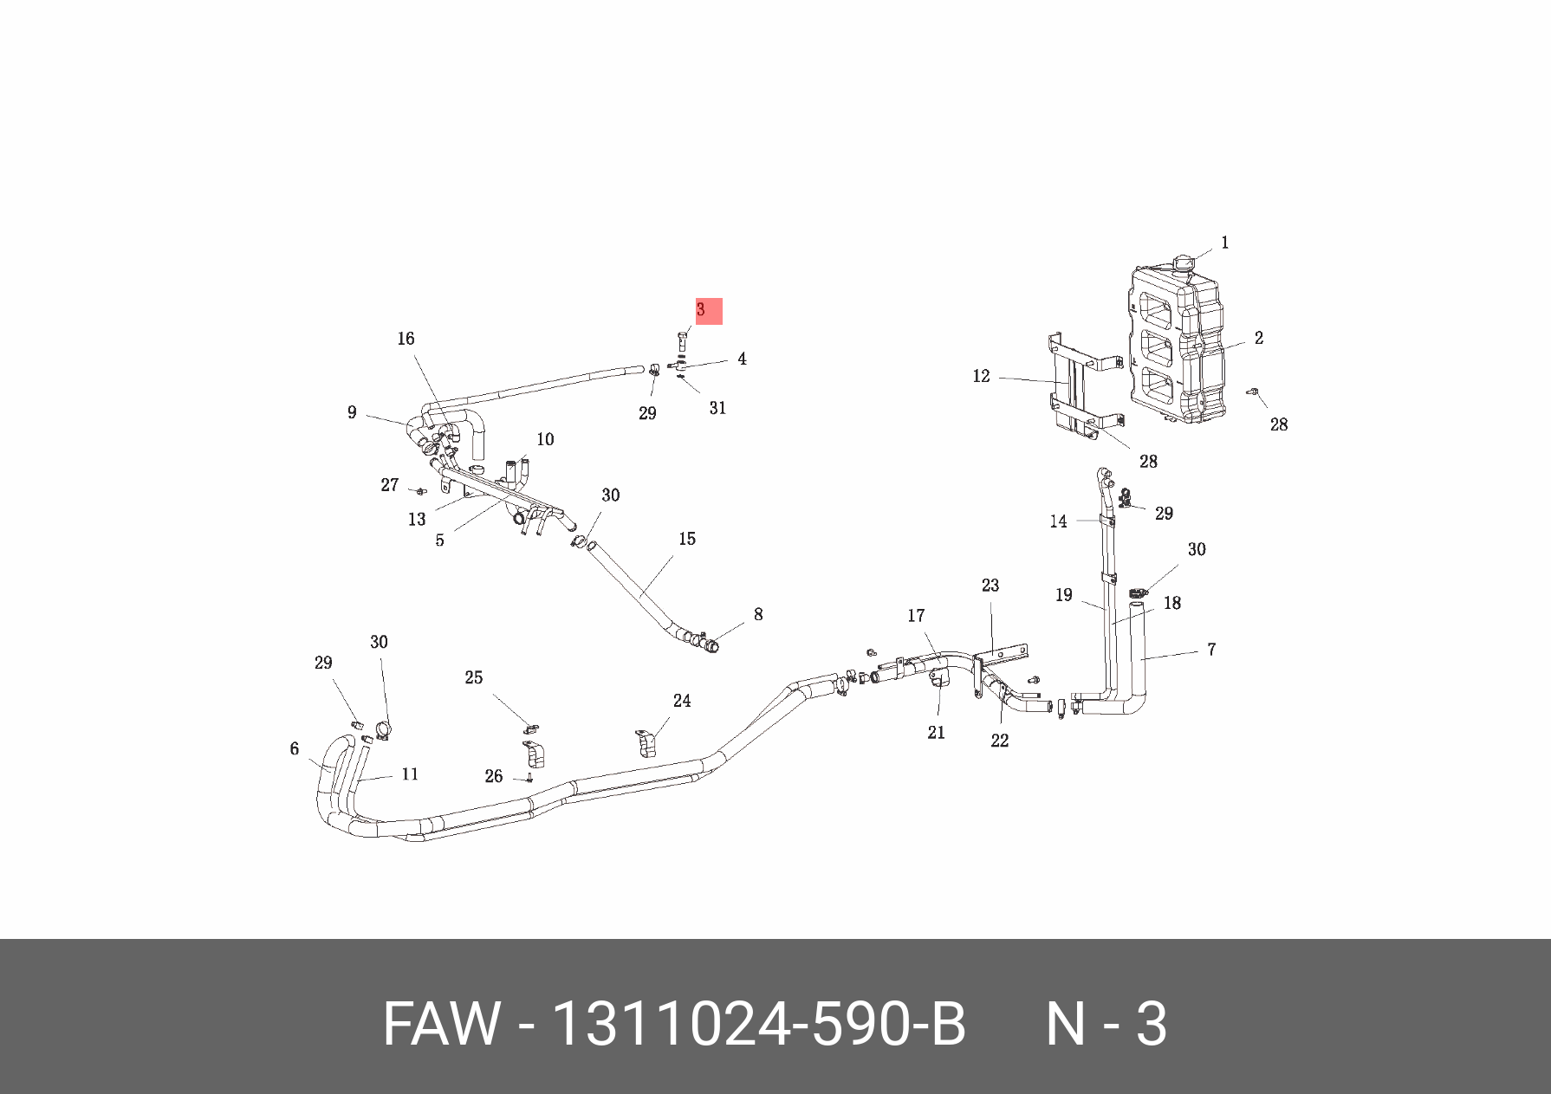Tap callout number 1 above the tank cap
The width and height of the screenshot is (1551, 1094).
click(x=1224, y=243)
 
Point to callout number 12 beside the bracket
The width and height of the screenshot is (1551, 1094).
click(x=981, y=376)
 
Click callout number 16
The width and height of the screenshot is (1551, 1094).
click(x=406, y=339)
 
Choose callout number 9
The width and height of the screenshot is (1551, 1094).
click(x=352, y=412)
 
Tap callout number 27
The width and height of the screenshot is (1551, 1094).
click(x=390, y=485)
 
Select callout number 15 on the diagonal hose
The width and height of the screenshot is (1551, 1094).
click(x=687, y=539)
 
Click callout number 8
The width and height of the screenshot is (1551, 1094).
click(x=758, y=614)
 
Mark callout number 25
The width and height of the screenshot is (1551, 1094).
click(x=473, y=677)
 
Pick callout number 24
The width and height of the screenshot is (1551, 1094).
click(x=682, y=701)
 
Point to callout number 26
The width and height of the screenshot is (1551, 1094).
click(x=494, y=776)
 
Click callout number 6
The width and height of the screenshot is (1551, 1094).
click(x=295, y=748)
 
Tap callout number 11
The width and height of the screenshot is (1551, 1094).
click(x=410, y=774)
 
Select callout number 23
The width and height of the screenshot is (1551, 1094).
click(x=990, y=586)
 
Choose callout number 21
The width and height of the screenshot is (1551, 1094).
click(x=936, y=733)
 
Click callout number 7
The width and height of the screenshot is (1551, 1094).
click(x=1211, y=649)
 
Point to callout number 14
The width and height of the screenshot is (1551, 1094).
click(x=1058, y=521)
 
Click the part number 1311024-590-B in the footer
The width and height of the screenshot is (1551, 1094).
click(x=758, y=1024)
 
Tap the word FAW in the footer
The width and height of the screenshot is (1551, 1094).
click(x=441, y=1024)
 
